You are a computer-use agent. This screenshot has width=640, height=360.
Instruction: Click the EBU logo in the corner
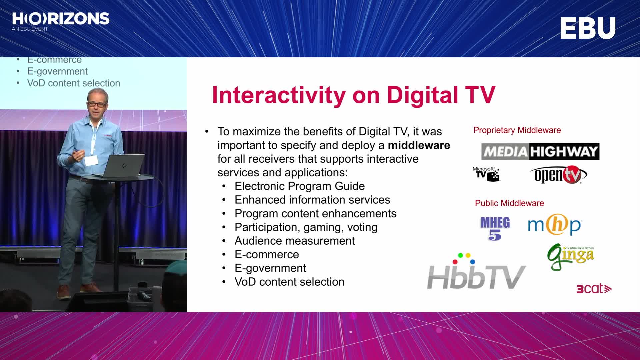pyautogui.click(x=588, y=28)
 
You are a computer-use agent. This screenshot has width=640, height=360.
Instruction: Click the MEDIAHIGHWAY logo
pyautogui.click(x=540, y=152)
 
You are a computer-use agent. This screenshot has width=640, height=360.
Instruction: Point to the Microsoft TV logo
pyautogui.click(x=486, y=174)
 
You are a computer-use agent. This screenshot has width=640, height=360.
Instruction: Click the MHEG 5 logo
pyautogui.click(x=495, y=228)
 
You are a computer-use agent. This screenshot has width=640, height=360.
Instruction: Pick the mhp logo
pyautogui.click(x=555, y=225)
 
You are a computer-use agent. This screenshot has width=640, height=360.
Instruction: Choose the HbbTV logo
pyautogui.click(x=476, y=272)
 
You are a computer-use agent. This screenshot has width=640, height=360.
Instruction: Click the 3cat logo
pyautogui.click(x=594, y=289)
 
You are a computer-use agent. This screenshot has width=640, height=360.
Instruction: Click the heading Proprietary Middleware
pyautogui.click(x=517, y=130)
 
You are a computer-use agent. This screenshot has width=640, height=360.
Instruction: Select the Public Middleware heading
pyautogui.click(x=509, y=203)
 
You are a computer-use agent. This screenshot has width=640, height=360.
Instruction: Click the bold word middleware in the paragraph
pyautogui.click(x=419, y=145)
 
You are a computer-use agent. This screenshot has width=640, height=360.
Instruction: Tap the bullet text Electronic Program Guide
pyautogui.click(x=300, y=186)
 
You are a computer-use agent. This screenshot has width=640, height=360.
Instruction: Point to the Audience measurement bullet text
pyautogui.click(x=295, y=241)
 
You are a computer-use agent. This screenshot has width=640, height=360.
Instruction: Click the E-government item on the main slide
pyautogui.click(x=270, y=268)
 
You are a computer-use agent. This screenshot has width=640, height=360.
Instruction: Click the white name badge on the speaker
pyautogui.click(x=91, y=161)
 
